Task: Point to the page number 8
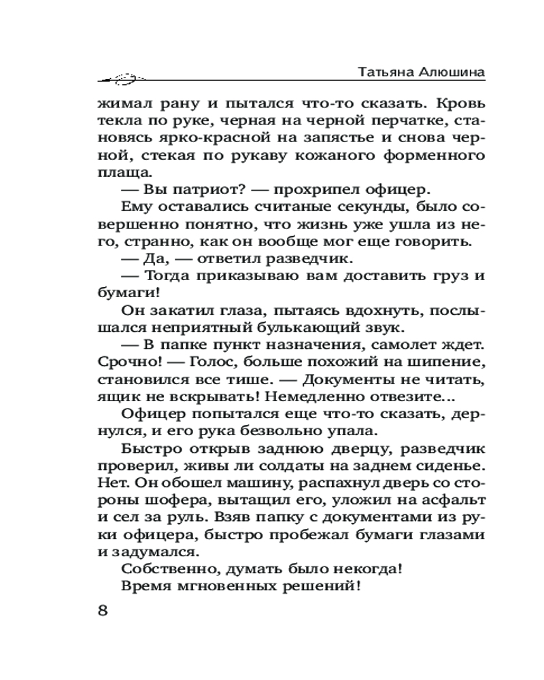103,610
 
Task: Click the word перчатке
397,124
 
